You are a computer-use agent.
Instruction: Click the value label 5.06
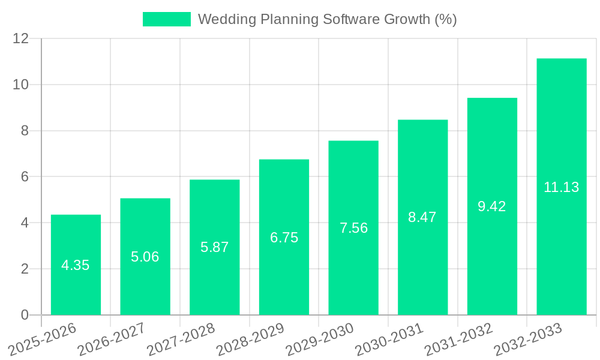[145, 257]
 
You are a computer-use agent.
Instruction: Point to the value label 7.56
[353, 228]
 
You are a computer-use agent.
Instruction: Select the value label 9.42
[492, 206]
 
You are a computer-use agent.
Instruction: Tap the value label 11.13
[561, 187]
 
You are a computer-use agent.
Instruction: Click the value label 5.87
[215, 247]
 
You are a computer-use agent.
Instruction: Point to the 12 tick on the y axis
[21, 38]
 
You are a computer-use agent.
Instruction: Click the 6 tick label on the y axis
[25, 177]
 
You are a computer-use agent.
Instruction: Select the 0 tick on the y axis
[25, 315]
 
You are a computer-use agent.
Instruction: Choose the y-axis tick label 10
[21, 85]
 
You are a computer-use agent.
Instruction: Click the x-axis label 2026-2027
[112, 338]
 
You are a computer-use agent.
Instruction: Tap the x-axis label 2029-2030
[320, 338]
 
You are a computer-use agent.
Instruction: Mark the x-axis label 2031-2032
[459, 338]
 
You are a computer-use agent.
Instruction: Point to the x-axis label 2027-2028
[181, 338]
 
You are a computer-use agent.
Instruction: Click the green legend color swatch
[166, 19]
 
